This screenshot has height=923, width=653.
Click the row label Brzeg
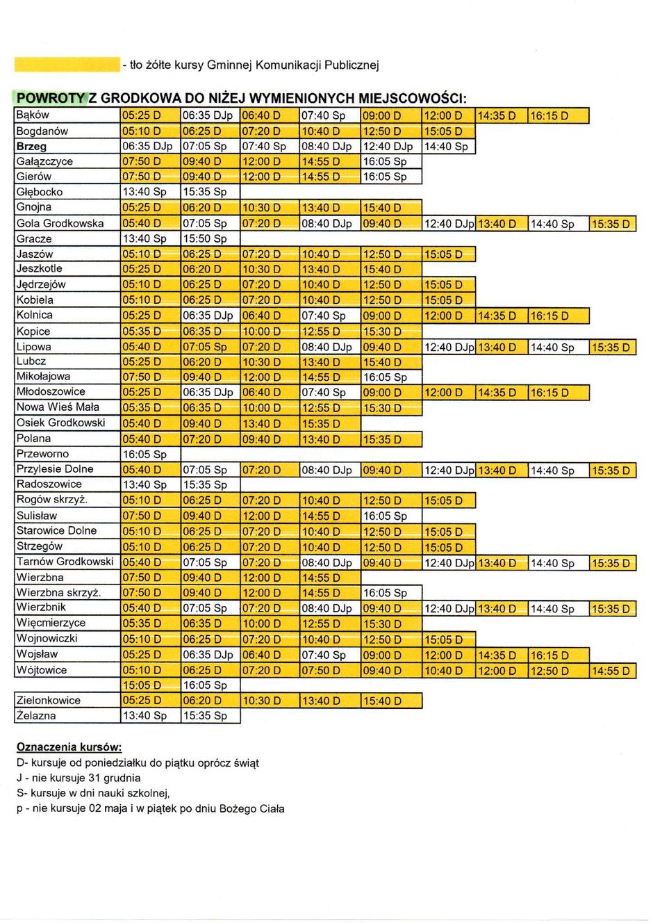(32, 147)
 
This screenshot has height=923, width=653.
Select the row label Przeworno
(42, 454)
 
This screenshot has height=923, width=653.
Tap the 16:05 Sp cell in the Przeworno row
(144, 455)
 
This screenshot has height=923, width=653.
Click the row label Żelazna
(36, 715)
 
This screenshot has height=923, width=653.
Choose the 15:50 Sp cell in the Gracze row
(204, 238)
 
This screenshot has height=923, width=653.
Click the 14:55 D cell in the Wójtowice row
(611, 671)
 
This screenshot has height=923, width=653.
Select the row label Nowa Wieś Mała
(58, 407)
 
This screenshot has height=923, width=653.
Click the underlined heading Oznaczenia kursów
(69, 748)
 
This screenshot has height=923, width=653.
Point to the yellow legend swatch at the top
(66, 65)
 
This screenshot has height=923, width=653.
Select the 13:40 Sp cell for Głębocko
(144, 192)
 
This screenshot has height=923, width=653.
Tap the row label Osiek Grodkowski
(61, 423)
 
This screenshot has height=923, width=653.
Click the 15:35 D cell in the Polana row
(382, 439)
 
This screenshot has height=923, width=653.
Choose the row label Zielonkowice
(49, 700)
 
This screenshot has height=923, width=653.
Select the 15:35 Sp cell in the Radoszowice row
(204, 484)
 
